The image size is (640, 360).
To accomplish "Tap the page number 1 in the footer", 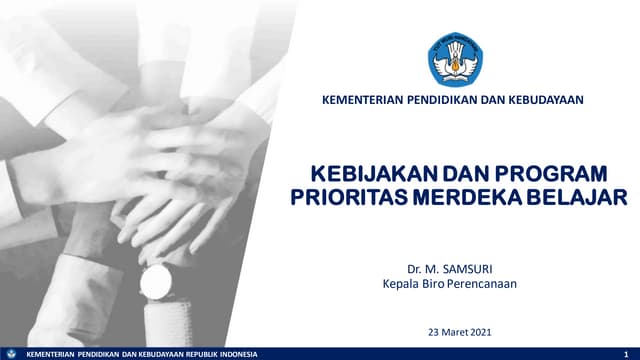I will coord(624,354).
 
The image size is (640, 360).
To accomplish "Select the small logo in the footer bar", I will coord(10,354).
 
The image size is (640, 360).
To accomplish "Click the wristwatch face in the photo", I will coord(155,283).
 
